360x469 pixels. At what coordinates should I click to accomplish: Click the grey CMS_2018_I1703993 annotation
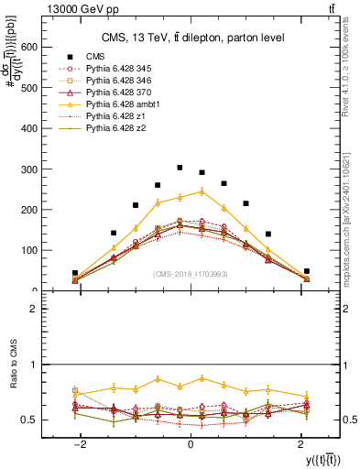tap(190, 274)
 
